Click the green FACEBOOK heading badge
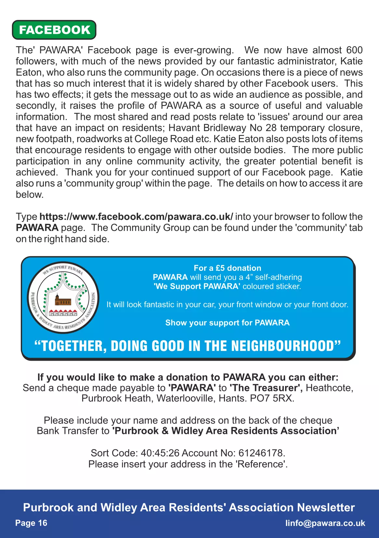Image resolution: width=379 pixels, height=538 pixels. coord(54,30)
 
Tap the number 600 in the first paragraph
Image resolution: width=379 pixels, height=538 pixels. coord(354,50)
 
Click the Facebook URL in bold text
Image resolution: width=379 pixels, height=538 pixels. coord(136,217)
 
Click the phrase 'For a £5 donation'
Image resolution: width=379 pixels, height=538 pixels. coord(227,268)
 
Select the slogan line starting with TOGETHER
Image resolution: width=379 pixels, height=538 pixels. coord(188,346)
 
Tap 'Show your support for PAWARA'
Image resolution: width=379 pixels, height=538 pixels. coord(227,323)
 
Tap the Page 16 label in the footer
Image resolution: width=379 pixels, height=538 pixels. coord(31,523)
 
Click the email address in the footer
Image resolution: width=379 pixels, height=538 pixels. coord(325,523)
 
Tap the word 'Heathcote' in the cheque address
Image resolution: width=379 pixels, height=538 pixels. coord(329,388)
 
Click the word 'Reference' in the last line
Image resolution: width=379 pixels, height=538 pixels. coord(261,464)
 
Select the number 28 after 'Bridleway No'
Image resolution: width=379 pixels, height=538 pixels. coord(271,128)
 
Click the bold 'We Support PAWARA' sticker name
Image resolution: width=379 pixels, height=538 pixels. coord(197,286)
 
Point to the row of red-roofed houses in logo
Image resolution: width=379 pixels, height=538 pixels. coord(63,313)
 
